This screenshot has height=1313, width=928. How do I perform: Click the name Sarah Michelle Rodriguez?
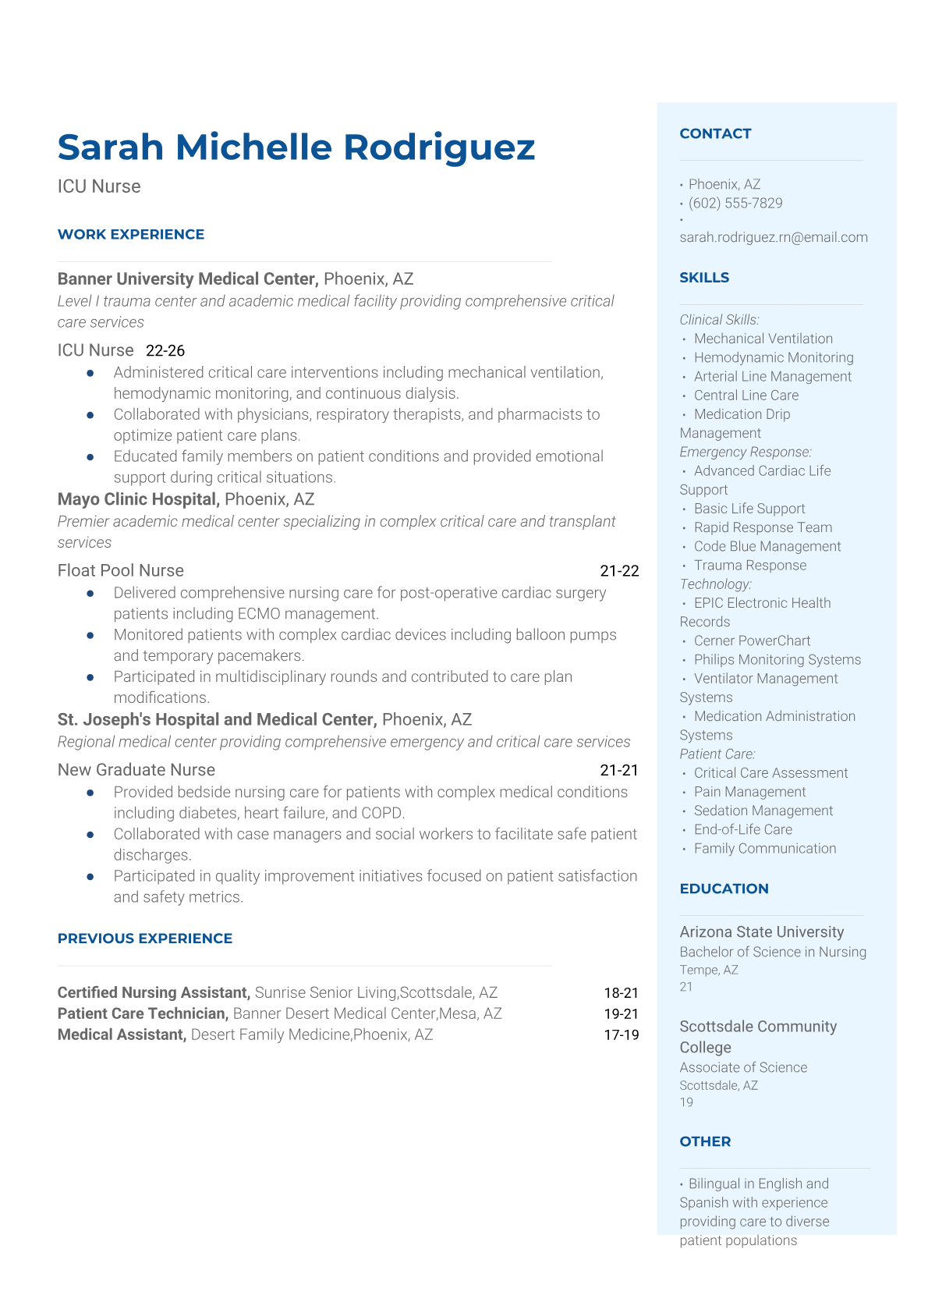click(x=296, y=147)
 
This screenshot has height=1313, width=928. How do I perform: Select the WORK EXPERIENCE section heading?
click(x=131, y=234)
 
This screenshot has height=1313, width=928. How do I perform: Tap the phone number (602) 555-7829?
click(x=735, y=203)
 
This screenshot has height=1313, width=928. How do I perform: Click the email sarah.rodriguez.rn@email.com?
click(x=773, y=237)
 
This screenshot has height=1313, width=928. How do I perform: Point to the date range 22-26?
click(x=165, y=351)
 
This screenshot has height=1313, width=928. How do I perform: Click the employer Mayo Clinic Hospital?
click(x=138, y=499)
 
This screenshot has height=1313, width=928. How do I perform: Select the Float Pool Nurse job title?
click(x=121, y=570)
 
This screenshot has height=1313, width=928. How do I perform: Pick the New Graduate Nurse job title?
click(x=136, y=770)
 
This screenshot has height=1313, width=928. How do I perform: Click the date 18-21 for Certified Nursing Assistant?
click(x=621, y=993)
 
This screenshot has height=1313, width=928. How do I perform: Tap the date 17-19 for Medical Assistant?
click(x=621, y=1035)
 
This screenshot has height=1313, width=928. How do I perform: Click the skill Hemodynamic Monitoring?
click(x=774, y=357)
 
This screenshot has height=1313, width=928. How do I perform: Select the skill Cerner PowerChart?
click(x=752, y=641)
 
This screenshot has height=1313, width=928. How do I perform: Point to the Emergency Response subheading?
click(x=746, y=452)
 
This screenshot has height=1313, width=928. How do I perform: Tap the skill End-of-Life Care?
click(x=742, y=829)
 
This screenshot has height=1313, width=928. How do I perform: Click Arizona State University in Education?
click(x=761, y=932)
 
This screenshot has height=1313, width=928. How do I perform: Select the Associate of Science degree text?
click(x=743, y=1067)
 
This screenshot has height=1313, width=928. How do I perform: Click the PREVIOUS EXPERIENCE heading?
click(x=145, y=939)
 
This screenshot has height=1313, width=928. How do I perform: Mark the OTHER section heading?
click(x=705, y=1141)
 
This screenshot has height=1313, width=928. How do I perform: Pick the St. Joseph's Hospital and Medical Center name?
click(x=217, y=719)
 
